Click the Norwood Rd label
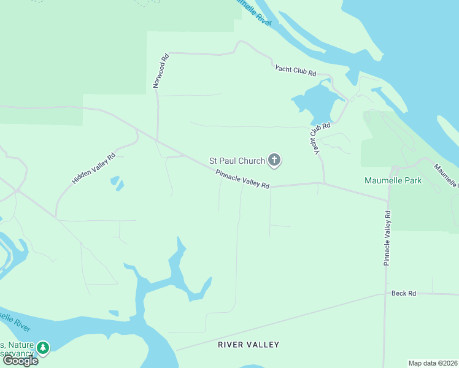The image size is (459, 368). click(161, 72)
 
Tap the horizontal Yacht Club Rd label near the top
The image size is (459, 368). click(295, 71)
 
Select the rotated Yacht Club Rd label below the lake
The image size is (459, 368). click(318, 137)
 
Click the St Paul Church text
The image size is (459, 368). click(237, 161)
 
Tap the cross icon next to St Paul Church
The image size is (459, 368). click(274, 161)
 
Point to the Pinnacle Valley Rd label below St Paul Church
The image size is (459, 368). click(242, 179)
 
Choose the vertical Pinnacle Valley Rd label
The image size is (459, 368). click(387, 239)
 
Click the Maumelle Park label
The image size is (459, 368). click(393, 181)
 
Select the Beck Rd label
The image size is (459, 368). click(404, 294)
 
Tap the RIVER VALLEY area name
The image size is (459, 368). click(249, 345)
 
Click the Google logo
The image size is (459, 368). click(20, 361)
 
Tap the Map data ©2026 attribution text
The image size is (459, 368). click(433, 363)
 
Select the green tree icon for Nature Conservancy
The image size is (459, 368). click(43, 348)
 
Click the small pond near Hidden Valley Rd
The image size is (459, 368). click(116, 183)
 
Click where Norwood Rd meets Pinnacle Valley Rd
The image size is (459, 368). click(158, 141)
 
